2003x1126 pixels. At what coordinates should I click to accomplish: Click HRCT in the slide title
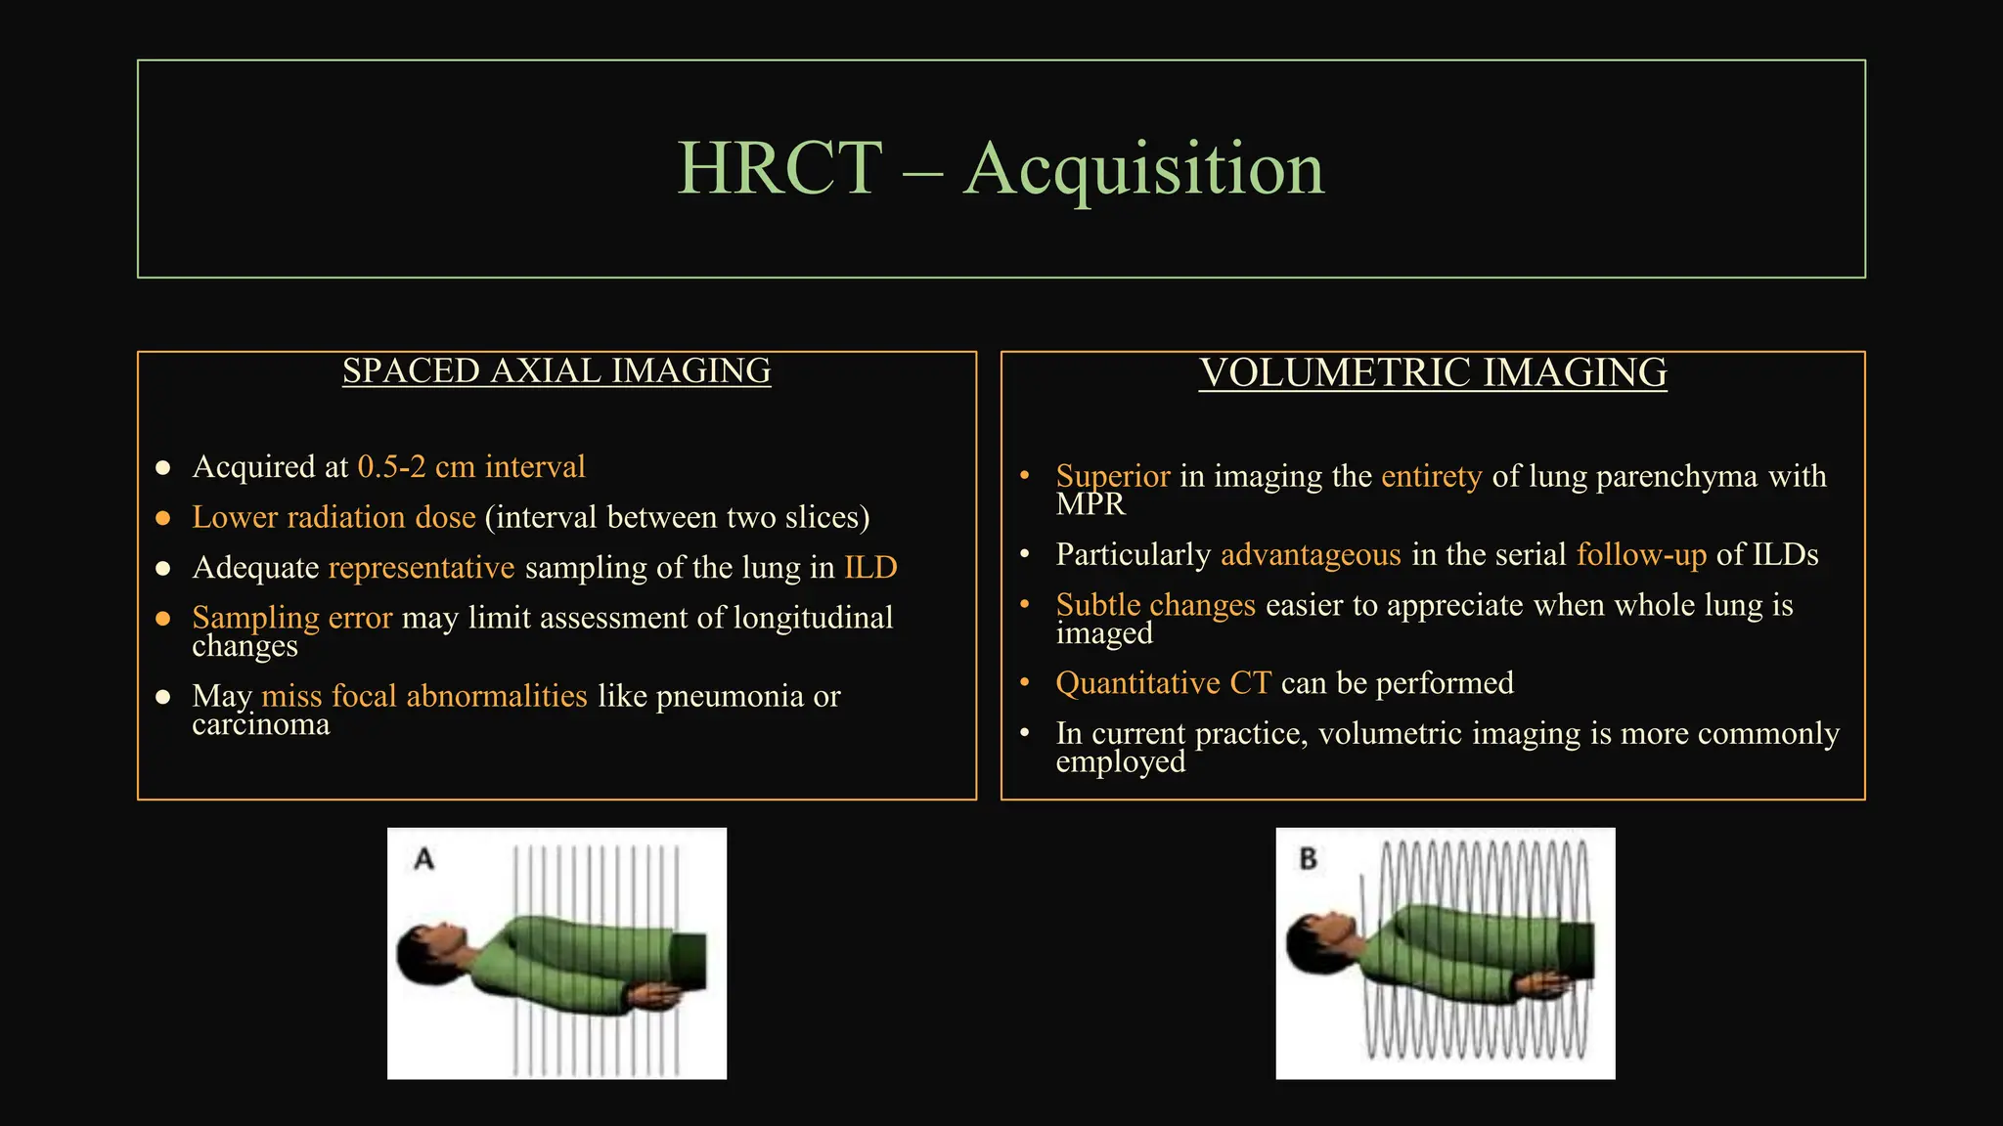pos(779,169)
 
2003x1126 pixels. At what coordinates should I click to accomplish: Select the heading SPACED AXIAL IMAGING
pos(556,371)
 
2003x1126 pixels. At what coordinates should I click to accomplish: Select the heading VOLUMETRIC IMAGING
pos(1433,373)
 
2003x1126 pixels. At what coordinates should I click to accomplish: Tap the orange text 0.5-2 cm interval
pos(471,467)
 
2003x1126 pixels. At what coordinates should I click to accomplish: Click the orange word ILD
pos(870,568)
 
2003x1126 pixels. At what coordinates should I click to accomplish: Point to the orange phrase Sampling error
pos(291,618)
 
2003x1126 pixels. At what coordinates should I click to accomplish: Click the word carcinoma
pos(261,724)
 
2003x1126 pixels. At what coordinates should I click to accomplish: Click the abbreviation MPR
pos(1091,504)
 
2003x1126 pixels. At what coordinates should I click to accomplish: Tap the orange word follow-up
pos(1641,555)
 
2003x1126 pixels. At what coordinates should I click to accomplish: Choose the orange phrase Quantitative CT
pos(1163,683)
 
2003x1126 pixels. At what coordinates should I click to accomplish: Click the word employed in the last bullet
pos(1120,761)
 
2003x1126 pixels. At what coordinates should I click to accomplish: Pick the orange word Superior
pos(1112,477)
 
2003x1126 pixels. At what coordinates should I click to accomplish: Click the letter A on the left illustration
pos(423,859)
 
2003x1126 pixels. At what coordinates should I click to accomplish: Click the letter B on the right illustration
pos(1308,859)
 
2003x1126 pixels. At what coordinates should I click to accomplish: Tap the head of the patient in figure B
pos(1318,944)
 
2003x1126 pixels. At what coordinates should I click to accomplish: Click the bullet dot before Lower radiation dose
pos(163,518)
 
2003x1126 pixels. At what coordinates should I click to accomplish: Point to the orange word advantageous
pos(1311,555)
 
